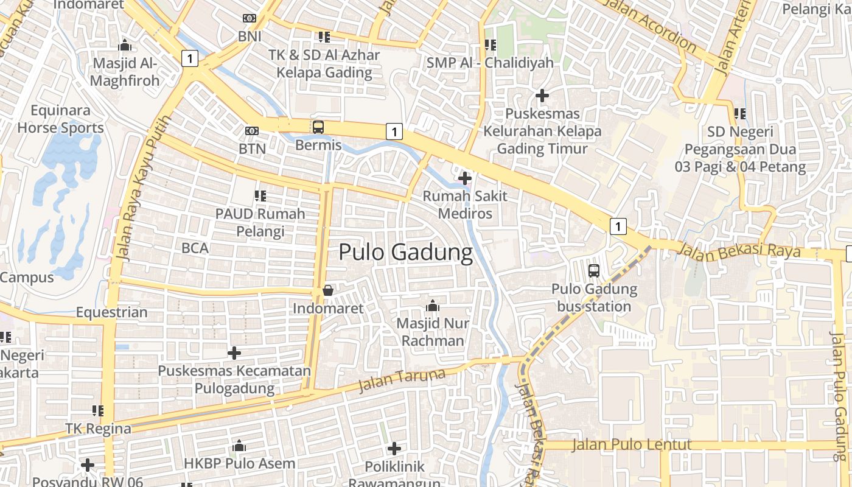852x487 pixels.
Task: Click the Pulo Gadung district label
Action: coord(405,252)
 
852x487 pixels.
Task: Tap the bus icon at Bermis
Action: coord(318,127)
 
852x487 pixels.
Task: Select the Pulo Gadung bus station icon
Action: coord(594,271)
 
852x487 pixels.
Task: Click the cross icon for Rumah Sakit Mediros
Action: coord(465,178)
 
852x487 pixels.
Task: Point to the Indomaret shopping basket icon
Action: coord(327,290)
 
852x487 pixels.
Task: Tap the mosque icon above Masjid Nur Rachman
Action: coord(433,305)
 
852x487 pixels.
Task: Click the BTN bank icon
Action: coord(251,131)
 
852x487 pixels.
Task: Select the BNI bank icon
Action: coord(250,18)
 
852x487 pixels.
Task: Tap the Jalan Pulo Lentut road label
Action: coord(632,444)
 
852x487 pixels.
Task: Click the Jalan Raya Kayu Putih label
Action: coord(141,189)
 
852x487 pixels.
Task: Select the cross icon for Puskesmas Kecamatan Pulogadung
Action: coord(234,352)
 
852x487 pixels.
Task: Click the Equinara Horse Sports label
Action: coord(61,119)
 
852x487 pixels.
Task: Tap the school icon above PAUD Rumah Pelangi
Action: coord(260,196)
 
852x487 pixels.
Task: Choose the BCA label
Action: coord(195,248)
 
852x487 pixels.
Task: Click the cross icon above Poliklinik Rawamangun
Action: coord(394,449)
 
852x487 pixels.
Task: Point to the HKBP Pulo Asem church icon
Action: coord(239,446)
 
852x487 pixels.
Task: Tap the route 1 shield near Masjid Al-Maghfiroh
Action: coord(190,58)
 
